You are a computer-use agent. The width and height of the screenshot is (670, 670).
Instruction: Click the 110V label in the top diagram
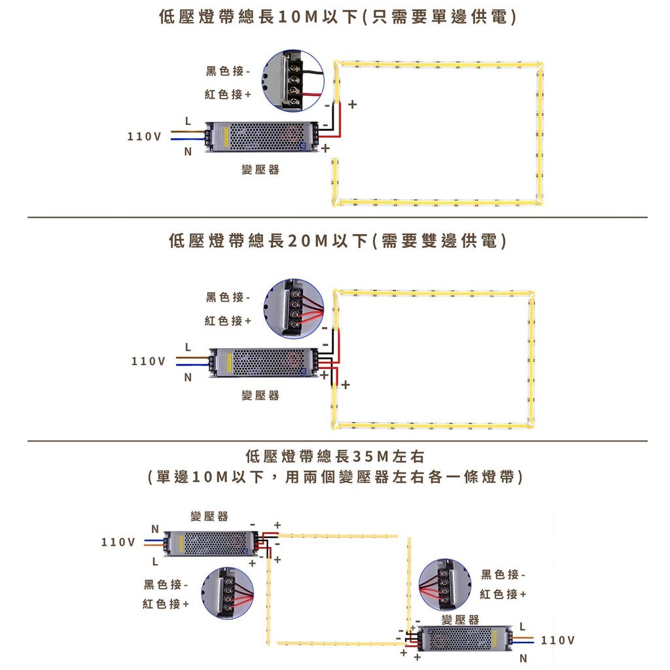pos(144,136)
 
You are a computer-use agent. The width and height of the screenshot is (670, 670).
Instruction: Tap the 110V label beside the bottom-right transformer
pos(558,639)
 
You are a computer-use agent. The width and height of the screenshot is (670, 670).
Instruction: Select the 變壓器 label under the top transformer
pos(260,169)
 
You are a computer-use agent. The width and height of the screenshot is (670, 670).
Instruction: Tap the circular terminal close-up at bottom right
pos(445,584)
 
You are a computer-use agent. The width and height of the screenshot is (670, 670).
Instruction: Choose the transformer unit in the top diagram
pos(262,137)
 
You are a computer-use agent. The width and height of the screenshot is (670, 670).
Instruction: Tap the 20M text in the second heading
pos(306,241)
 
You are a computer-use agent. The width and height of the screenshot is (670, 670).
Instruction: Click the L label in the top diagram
pos(188,121)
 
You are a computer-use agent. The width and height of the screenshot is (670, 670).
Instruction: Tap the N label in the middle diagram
pos(188,378)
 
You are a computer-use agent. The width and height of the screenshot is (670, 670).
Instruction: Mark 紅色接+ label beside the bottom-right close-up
pos(503,593)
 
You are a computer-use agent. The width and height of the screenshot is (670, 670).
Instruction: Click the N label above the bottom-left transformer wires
pos(155,528)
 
